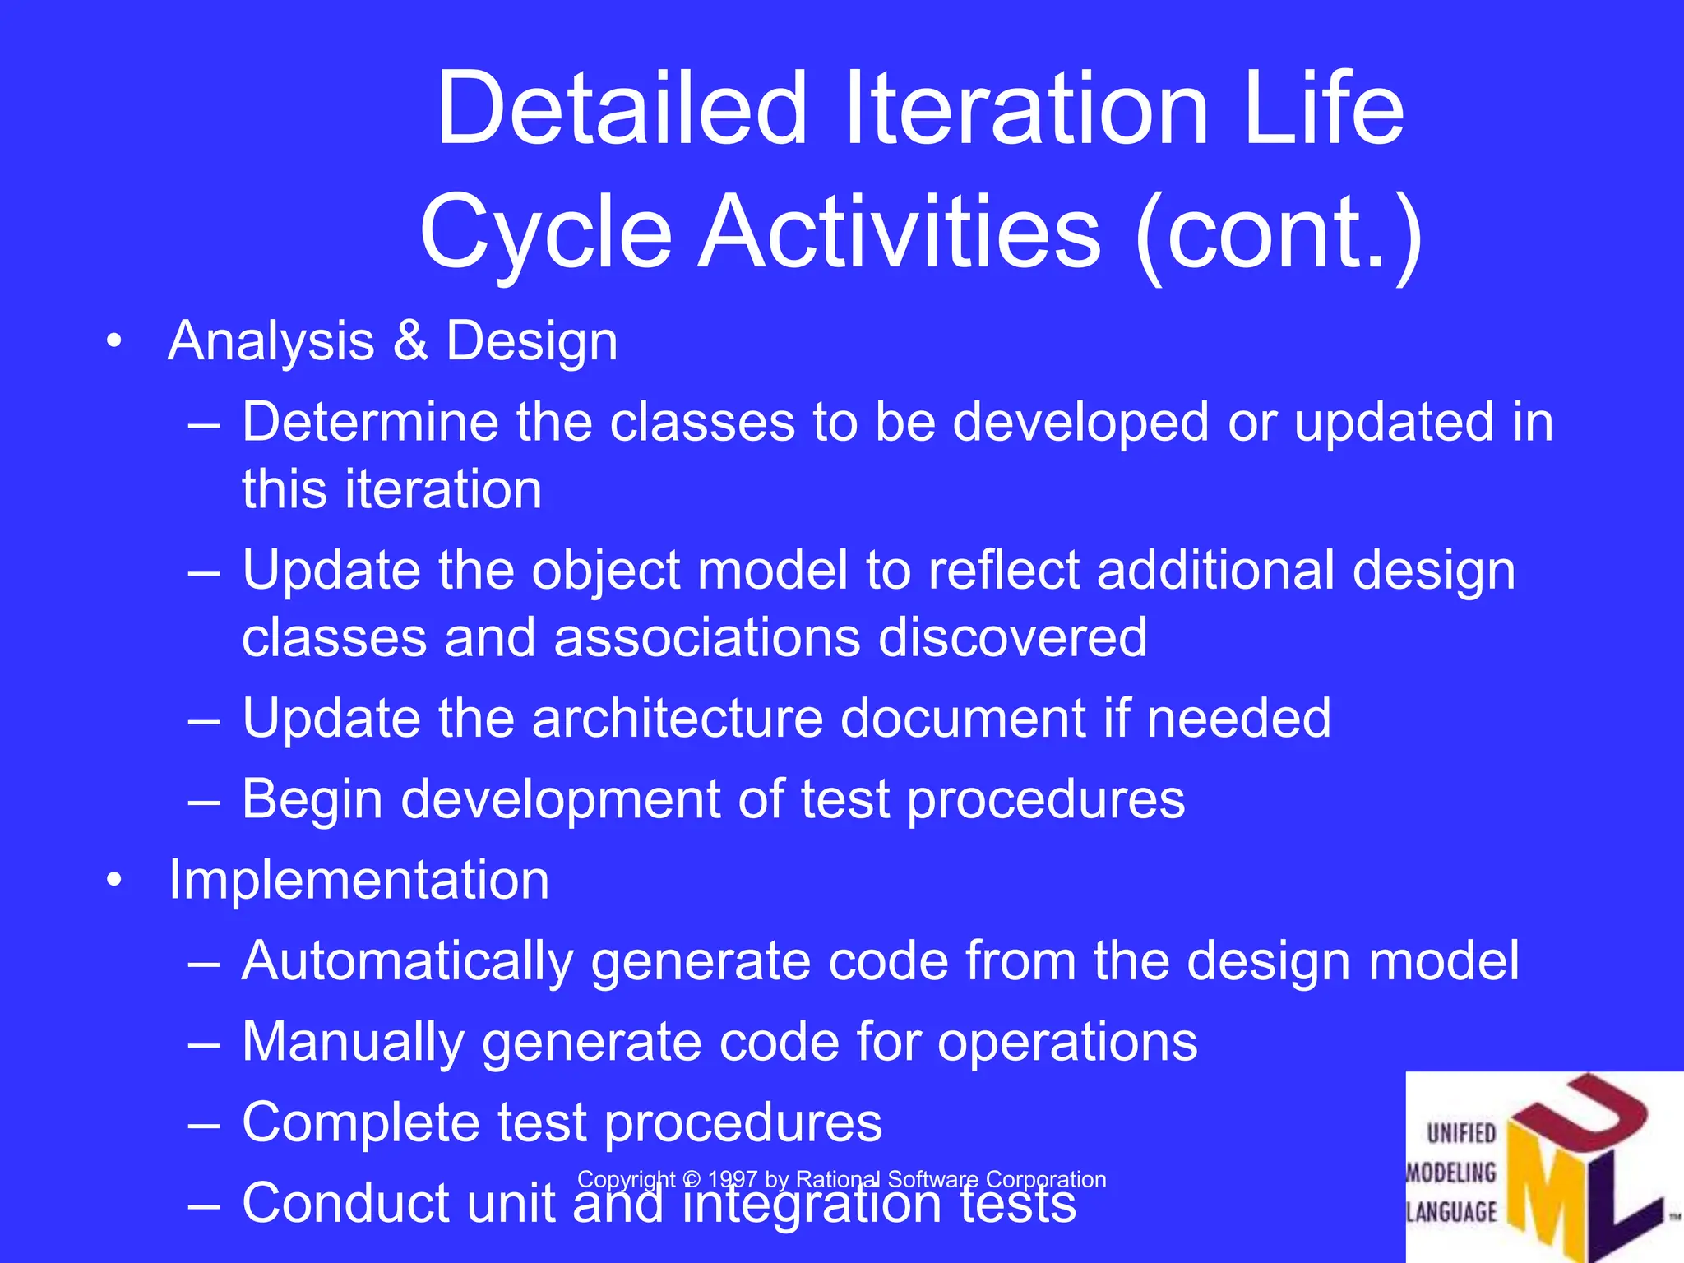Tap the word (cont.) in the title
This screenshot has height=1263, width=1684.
click(x=1279, y=233)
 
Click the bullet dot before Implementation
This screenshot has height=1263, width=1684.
click(x=114, y=881)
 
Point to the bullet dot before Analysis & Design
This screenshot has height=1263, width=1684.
click(x=114, y=340)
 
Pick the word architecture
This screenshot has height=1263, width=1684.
click(x=677, y=718)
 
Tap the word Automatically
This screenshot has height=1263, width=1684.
click(x=408, y=962)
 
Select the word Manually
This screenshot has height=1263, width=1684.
click(x=354, y=1043)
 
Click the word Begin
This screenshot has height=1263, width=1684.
click(x=312, y=799)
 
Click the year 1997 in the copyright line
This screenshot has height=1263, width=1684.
click(x=733, y=1180)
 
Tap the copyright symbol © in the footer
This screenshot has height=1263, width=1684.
click(x=692, y=1180)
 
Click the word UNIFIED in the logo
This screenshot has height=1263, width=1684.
click(x=1461, y=1134)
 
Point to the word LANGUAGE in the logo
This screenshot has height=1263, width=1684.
click(x=1452, y=1212)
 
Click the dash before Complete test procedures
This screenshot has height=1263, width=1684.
click(x=203, y=1124)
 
